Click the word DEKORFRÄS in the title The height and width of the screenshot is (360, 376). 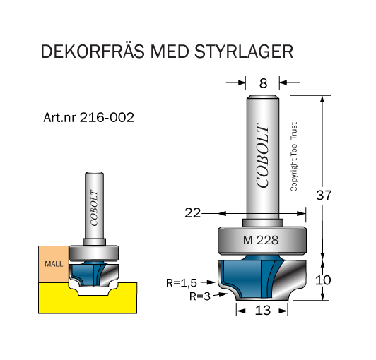pyautogui.click(x=93, y=52)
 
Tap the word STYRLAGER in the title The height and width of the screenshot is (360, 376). pyautogui.click(x=244, y=52)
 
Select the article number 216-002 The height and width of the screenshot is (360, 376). pyautogui.click(x=107, y=117)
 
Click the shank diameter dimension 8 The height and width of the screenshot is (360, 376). pyautogui.click(x=263, y=83)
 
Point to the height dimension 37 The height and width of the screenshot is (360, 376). pyautogui.click(x=324, y=195)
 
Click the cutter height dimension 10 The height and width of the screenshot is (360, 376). pyautogui.click(x=323, y=280)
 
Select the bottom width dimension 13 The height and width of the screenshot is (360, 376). pyautogui.click(x=263, y=311)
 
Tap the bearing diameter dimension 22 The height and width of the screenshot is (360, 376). pyautogui.click(x=192, y=212)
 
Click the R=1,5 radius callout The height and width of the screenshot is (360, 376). pyautogui.click(x=182, y=283)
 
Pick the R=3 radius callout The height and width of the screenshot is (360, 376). pyautogui.click(x=200, y=296)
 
